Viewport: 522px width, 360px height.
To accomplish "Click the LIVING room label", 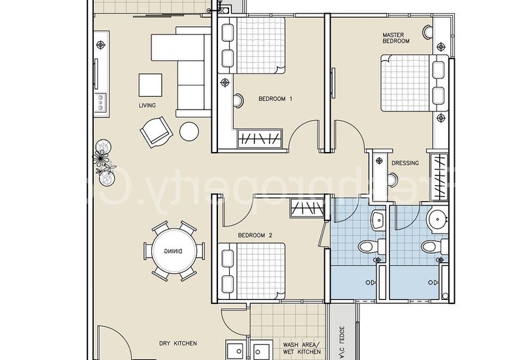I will point(147,105).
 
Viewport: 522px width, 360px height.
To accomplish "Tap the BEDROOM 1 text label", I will point(275,99).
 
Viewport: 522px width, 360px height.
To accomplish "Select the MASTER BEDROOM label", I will point(396,37).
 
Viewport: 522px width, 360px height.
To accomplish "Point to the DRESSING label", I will point(405,163).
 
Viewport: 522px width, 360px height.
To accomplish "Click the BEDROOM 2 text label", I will point(254,235).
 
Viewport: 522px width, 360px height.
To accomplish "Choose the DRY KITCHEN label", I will point(178,343).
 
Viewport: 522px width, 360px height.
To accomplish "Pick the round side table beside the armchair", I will point(189,131).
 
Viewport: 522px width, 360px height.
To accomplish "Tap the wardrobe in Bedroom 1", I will point(260,138).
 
